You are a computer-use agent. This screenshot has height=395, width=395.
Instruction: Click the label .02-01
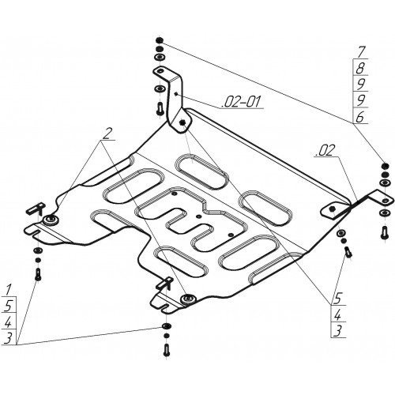point(242,101)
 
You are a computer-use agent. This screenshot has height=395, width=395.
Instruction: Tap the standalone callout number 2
point(107,134)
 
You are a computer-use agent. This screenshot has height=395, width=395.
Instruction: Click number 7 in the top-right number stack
point(361,52)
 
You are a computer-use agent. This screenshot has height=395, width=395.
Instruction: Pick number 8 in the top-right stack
point(360,68)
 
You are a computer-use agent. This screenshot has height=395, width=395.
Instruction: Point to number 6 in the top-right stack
point(360,117)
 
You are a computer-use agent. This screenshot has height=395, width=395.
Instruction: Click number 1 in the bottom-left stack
point(9,290)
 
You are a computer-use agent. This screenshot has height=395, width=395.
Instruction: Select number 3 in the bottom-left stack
point(8,338)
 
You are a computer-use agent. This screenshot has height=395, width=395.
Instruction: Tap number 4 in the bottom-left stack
point(9,322)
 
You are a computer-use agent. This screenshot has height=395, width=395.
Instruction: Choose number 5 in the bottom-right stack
point(339,299)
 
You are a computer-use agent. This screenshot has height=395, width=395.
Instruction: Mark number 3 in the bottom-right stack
point(337,331)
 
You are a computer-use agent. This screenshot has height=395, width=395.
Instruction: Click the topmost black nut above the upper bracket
point(159,40)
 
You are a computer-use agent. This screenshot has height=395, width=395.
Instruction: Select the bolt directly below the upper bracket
point(160,108)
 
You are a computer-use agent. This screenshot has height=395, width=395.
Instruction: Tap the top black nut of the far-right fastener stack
point(385,166)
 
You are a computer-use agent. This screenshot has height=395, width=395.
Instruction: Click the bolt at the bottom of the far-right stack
point(385,232)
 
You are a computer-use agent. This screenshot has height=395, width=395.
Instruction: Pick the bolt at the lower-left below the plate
point(38,274)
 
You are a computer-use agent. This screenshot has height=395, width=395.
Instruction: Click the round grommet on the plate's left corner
point(51,219)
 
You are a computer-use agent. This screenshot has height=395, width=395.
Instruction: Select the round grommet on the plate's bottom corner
point(188,299)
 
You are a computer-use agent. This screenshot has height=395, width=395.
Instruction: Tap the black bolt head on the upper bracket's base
point(182,122)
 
